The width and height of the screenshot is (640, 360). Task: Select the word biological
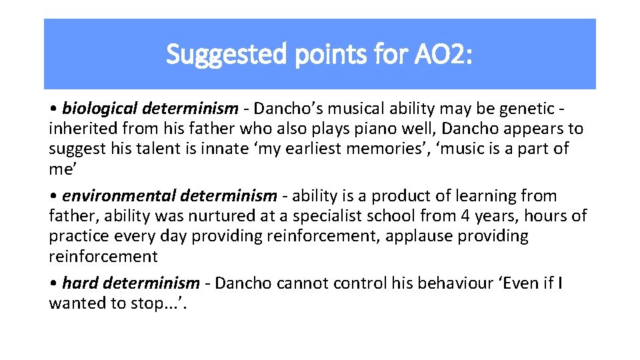point(98,108)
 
